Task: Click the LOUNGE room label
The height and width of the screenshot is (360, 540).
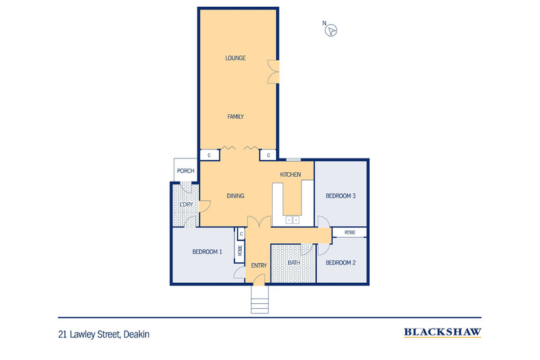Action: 235,58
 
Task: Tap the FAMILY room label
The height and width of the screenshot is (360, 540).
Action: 235,117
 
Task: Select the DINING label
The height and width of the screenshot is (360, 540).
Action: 235,196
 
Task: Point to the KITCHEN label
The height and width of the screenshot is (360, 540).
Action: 291,175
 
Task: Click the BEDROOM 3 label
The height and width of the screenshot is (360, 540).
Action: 340,196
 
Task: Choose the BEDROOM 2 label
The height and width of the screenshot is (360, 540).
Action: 340,263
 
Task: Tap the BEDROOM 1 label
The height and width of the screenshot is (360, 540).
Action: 207,252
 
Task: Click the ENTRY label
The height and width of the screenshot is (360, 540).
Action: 258,266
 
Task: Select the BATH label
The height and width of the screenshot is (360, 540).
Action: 294,263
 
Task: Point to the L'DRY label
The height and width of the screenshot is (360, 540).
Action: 185,204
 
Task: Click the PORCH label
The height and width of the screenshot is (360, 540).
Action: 185,171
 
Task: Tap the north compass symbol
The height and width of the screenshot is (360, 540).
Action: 332,29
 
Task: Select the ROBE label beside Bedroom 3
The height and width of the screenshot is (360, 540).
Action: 350,232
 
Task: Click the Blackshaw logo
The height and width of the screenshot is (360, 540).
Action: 442,333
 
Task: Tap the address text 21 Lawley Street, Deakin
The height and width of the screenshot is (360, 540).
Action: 103,334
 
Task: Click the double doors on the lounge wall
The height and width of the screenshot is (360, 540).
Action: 274,70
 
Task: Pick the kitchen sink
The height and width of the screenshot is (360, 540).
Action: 292,220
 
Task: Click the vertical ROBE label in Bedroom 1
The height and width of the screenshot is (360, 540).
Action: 240,250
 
